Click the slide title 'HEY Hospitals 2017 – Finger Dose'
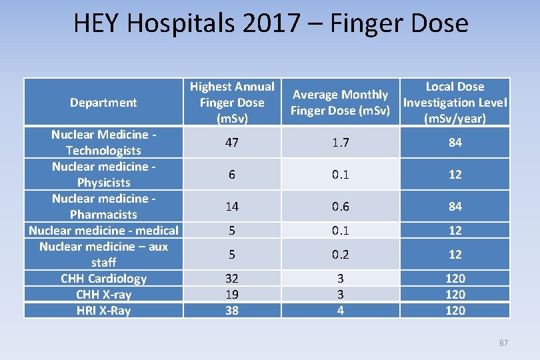tap(271, 23)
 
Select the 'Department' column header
tap(103, 103)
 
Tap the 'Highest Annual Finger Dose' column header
tap(232, 103)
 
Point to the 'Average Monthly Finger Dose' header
tap(340, 103)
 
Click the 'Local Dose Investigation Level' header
tap(455, 103)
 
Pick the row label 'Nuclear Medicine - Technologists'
tap(103, 143)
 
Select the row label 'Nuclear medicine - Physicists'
tap(103, 175)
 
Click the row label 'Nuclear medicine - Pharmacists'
tap(103, 207)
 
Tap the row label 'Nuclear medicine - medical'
tap(103, 231)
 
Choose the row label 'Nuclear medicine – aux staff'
tap(103, 255)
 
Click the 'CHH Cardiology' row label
tap(103, 279)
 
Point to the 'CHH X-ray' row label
tap(103, 295)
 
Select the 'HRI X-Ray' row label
tap(103, 311)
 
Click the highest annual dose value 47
tap(232, 143)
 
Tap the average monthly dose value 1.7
tap(340, 143)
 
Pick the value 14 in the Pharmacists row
tap(232, 207)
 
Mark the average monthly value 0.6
tap(340, 207)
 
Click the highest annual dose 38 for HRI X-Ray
tap(232, 311)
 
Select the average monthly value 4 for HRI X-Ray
tap(340, 311)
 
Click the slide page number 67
tap(503, 343)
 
